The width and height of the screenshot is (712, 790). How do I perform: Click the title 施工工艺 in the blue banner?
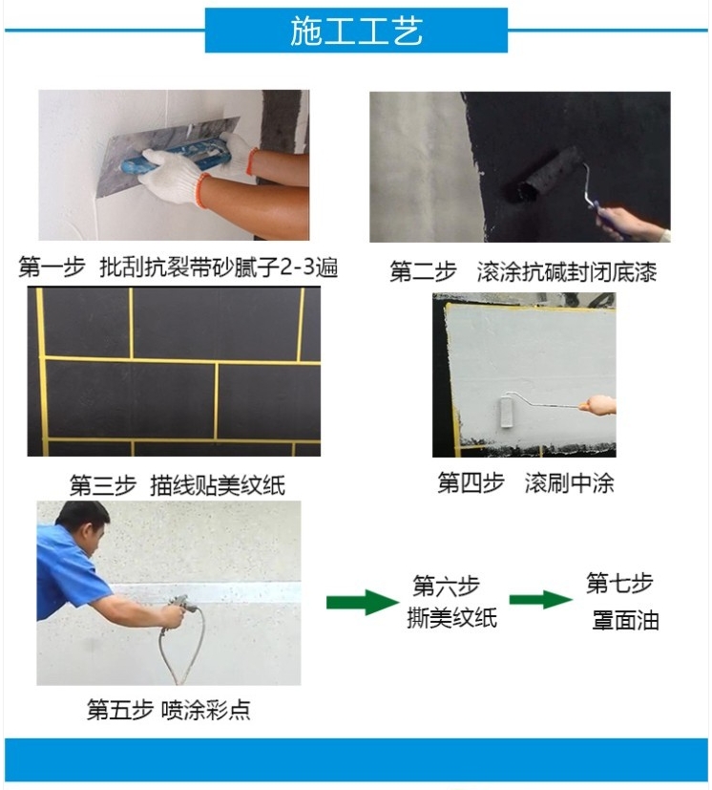tap(356, 31)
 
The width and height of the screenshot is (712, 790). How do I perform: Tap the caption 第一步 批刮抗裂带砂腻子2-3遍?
tap(178, 267)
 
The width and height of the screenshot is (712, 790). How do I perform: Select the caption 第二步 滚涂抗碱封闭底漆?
tap(523, 271)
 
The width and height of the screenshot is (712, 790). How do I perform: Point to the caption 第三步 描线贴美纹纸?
tap(178, 484)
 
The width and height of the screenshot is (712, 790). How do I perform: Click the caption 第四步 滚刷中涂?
tap(526, 482)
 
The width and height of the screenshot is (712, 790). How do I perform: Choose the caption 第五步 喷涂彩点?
tap(169, 710)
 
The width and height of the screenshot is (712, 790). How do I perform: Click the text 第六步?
tap(446, 586)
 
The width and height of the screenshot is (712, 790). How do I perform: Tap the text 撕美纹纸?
tap(451, 618)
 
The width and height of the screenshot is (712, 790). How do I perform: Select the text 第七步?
tap(619, 583)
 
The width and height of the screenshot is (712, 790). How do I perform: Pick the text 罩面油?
tap(625, 620)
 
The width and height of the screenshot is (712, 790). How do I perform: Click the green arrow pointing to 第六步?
tap(363, 602)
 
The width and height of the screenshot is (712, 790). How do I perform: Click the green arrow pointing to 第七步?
tap(541, 600)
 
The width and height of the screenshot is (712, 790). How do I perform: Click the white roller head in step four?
tap(507, 412)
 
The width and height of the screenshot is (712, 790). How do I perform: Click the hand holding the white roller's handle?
tap(597, 405)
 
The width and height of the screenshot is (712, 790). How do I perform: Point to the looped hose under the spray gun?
tap(180, 650)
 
